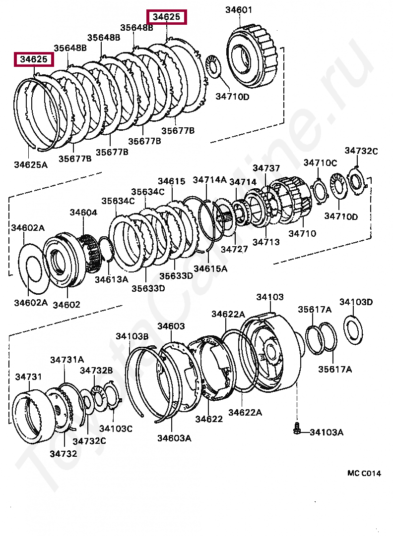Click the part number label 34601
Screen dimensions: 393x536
pos(239,9)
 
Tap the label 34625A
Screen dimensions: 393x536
pos(31,165)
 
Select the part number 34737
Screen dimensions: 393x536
pos(266,168)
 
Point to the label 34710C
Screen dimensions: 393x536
pos(320,162)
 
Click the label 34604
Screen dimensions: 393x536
pos(83,213)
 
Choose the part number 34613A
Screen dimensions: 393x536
pos(111,279)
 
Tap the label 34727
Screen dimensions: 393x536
pos(234,249)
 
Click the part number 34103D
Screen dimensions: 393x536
pos(356,302)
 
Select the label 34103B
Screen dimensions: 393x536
pos(132,336)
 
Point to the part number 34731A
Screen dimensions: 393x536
pos(67,360)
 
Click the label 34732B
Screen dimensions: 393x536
pos(97,370)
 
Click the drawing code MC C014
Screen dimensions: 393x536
pos(364,473)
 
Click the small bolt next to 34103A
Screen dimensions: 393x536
pos(297,429)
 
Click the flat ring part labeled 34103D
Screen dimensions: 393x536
pos(353,330)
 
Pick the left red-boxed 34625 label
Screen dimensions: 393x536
pos(34,59)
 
